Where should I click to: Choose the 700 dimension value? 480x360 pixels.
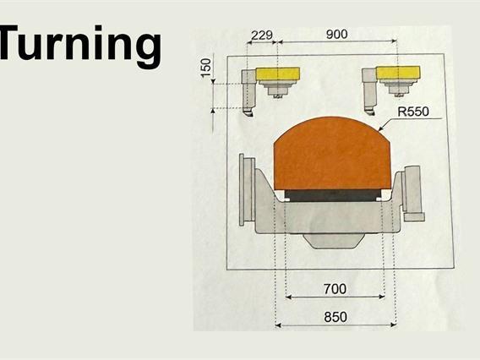pos(335,289)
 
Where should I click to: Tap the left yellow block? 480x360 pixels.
pos(278,74)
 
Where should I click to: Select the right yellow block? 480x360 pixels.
pos(399,74)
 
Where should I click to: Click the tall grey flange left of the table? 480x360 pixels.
pos(248,190)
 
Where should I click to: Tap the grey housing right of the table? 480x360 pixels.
pos(413,190)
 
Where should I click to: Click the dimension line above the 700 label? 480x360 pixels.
pos(335,297)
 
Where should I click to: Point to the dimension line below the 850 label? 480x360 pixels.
pos(335,325)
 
